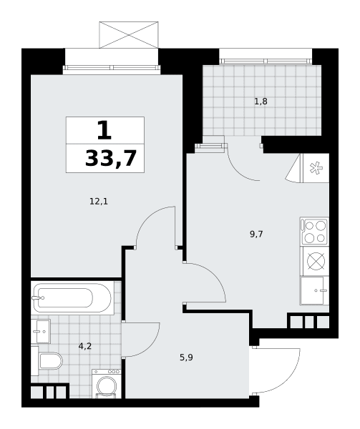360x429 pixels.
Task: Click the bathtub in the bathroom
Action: tap(72, 297)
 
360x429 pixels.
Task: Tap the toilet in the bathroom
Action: tap(51, 361)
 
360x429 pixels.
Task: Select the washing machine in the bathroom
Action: tap(107, 383)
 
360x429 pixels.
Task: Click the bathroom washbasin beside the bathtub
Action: tap(41, 331)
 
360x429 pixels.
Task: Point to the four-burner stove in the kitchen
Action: tap(314, 232)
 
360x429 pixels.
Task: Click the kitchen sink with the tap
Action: tap(314, 290)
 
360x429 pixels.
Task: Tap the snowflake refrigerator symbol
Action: tap(316, 168)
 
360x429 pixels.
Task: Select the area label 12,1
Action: tap(99, 202)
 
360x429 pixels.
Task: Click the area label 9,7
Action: tap(256, 235)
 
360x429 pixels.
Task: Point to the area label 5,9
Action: tap(186, 357)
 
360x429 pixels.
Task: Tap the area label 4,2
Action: tap(85, 346)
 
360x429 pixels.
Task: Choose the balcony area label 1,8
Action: tap(261, 102)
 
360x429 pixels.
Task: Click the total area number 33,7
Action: tap(111, 159)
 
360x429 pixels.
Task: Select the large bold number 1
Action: tap(104, 130)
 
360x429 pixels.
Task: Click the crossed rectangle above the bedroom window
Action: tap(129, 35)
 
